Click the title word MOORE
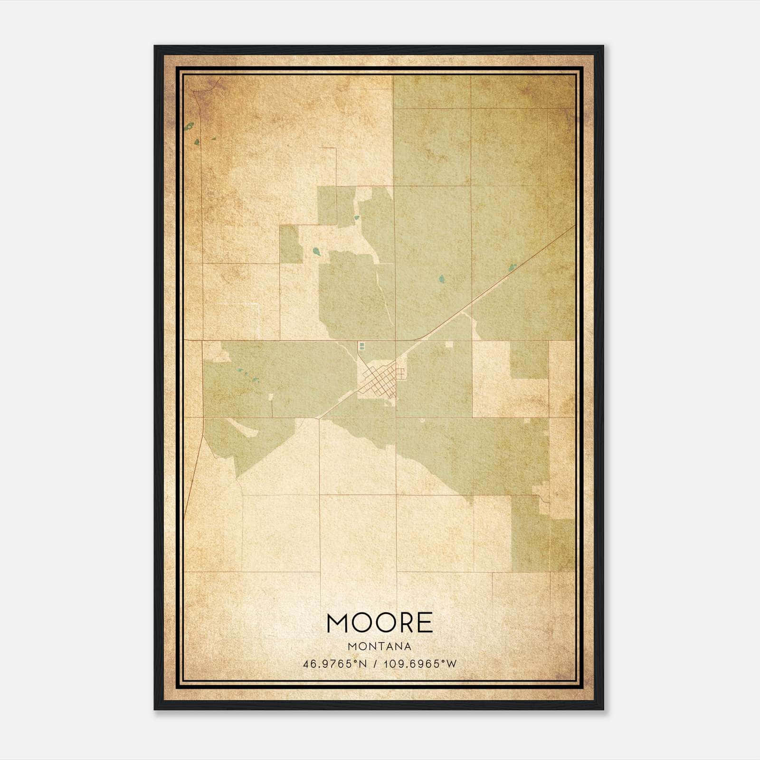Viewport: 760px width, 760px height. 380,623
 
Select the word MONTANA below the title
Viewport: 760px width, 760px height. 380,646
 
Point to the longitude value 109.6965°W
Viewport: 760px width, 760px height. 420,664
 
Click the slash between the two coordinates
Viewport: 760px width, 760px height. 376,664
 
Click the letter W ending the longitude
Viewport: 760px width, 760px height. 452,664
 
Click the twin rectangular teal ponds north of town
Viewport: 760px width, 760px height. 362,346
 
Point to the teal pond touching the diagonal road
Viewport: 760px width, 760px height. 512,268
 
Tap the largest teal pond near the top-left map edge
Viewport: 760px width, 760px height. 190,127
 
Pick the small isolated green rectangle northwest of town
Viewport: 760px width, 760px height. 291,244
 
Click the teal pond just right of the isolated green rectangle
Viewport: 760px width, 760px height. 315,250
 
